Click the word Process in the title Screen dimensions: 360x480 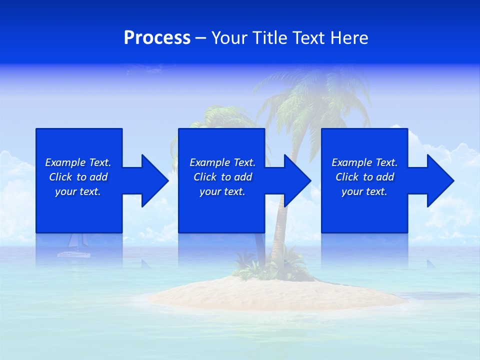click(x=157, y=38)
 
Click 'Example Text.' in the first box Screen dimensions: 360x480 click(x=78, y=162)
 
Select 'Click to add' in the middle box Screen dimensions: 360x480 click(x=222, y=177)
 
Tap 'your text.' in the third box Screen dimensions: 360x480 click(x=364, y=191)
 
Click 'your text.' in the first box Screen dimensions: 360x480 click(x=78, y=191)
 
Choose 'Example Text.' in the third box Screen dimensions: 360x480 click(x=364, y=162)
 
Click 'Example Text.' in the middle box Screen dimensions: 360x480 click(x=222, y=162)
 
